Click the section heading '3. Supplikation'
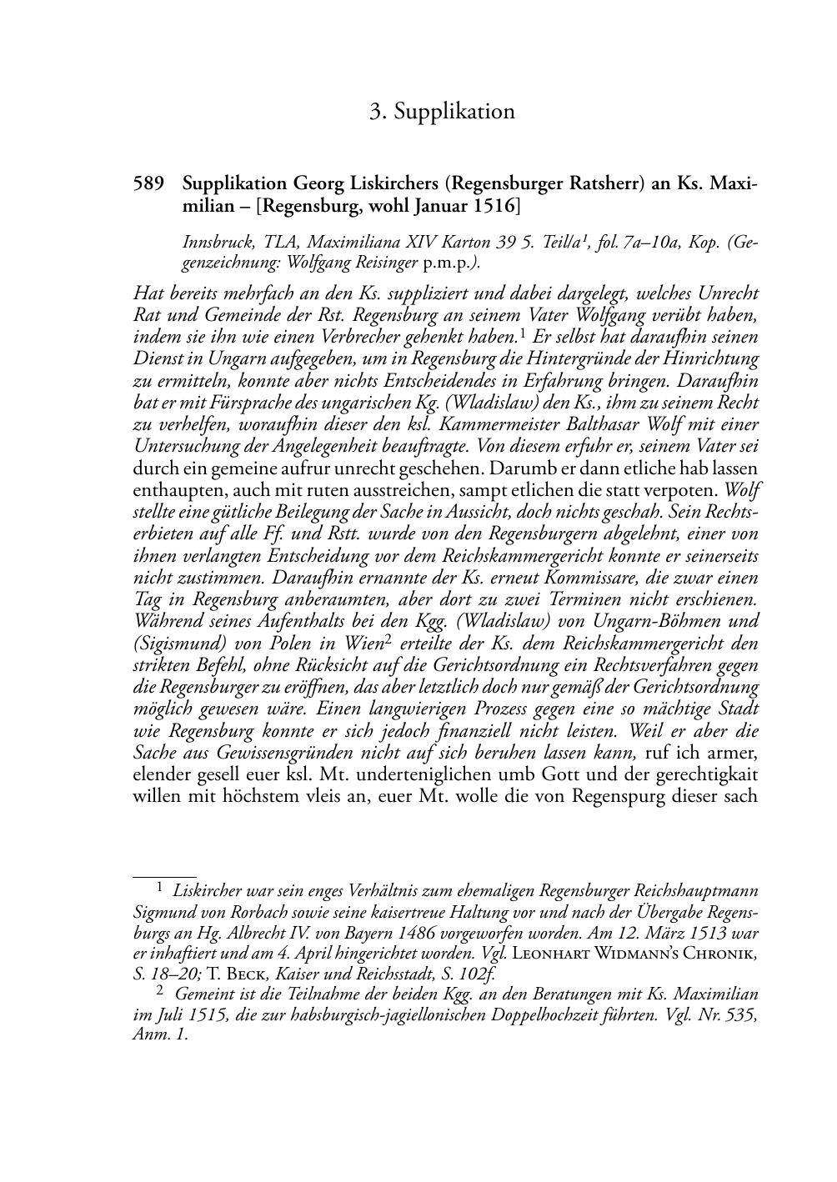[442, 112]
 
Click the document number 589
[149, 183]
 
